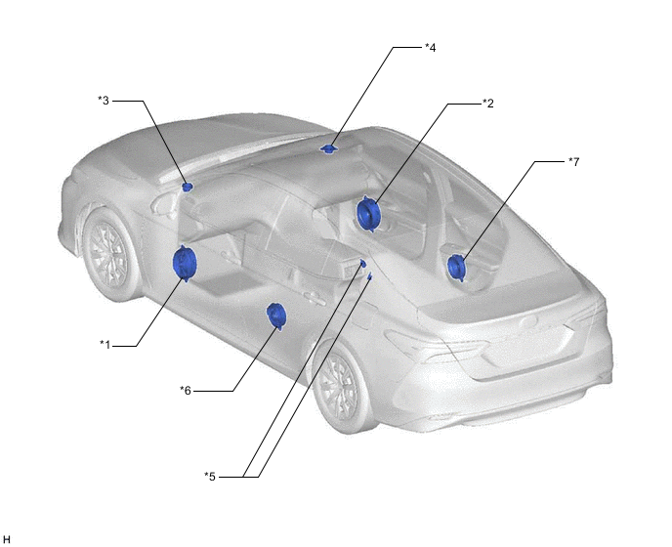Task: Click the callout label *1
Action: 105,344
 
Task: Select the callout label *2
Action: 488,104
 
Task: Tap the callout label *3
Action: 104,101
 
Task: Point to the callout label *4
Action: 431,48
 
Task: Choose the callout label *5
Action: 210,477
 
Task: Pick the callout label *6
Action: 186,391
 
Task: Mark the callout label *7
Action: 574,161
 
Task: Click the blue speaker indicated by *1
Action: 185,263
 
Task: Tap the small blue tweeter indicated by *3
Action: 188,187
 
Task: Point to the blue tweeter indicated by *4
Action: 329,148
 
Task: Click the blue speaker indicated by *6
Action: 276,316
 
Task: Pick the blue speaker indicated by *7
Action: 456,268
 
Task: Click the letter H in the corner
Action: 7,539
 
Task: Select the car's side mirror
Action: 163,203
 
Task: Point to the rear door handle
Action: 315,298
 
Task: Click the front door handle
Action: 231,257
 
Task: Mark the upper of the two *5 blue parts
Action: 363,263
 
